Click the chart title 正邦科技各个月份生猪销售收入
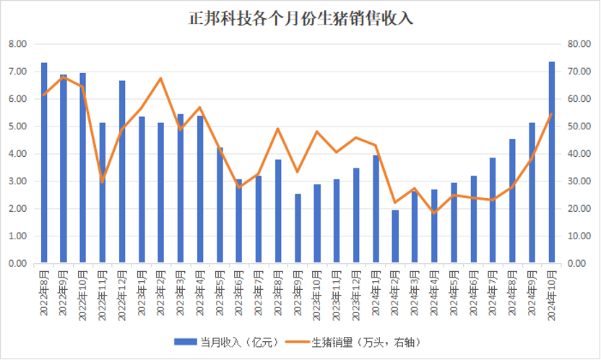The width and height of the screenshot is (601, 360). pos(300,18)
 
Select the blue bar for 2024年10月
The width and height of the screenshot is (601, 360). pos(552,163)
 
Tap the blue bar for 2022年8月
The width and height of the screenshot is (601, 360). pos(44,163)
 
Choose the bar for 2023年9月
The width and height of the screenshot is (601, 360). pos(298,228)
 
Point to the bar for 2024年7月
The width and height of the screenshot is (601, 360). pos(493,210)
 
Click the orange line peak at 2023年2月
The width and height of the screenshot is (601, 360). pos(161,78)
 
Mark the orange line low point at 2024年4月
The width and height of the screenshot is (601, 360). pos(435,213)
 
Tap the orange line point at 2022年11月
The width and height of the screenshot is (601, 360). pos(103,181)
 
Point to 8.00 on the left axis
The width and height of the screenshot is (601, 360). pos(17,44)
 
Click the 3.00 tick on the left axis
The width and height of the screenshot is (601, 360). pos(17,181)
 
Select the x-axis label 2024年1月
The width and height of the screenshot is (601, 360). pos(376,293)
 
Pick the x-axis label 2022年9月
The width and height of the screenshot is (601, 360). pos(64,293)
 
